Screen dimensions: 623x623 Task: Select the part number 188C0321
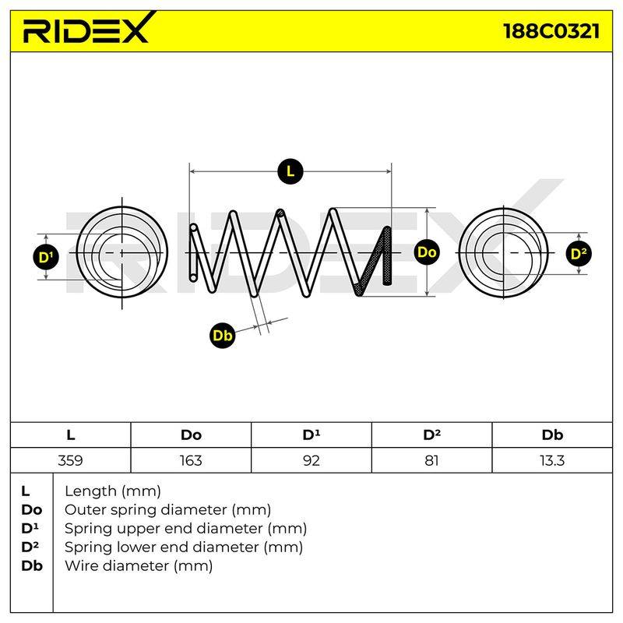click(551, 31)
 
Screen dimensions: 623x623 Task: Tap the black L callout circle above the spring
click(290, 171)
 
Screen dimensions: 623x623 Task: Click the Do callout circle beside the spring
click(427, 252)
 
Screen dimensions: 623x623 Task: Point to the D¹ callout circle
click(46, 258)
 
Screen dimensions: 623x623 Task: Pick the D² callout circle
click(579, 254)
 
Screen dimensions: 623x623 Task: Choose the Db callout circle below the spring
click(223, 336)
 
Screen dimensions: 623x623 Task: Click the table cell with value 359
click(70, 460)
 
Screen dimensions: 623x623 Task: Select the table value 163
click(191, 460)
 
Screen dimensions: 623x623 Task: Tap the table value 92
click(311, 460)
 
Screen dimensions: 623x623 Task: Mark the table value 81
click(431, 460)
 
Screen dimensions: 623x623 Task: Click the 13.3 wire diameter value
click(552, 460)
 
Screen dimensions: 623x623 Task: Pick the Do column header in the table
click(191, 435)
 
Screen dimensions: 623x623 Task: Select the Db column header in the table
click(552, 435)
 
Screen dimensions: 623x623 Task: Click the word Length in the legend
click(91, 492)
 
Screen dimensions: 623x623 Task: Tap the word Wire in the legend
click(81, 565)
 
